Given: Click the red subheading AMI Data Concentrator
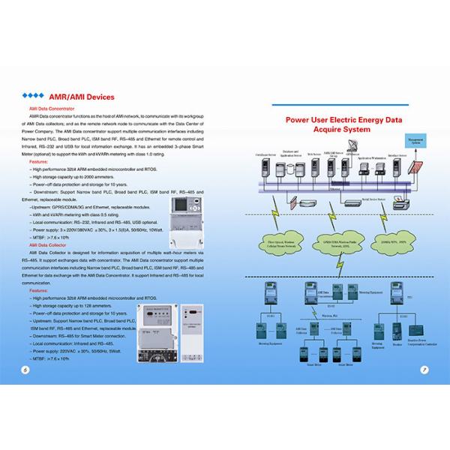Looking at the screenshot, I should pyautogui.click(x=50, y=109).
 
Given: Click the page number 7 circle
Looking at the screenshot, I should pyautogui.click(x=424, y=368).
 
